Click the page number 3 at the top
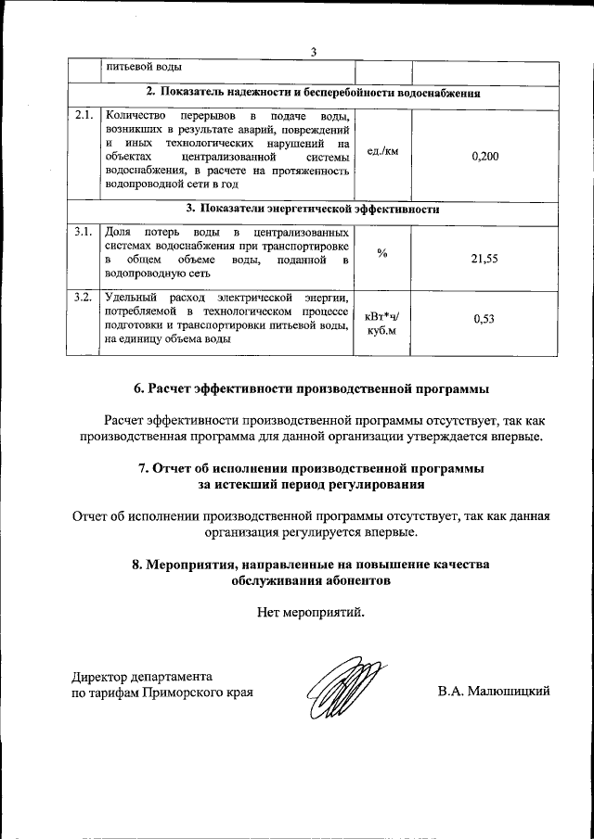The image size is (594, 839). [314, 52]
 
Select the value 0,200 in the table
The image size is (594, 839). [484, 157]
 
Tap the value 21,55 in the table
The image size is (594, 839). [484, 260]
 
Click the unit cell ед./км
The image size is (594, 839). [382, 151]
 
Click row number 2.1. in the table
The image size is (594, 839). [84, 116]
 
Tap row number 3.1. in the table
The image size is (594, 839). [84, 231]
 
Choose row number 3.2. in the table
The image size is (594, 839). [84, 297]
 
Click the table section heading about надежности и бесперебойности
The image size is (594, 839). [313, 94]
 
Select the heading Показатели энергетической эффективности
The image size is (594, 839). [313, 210]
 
